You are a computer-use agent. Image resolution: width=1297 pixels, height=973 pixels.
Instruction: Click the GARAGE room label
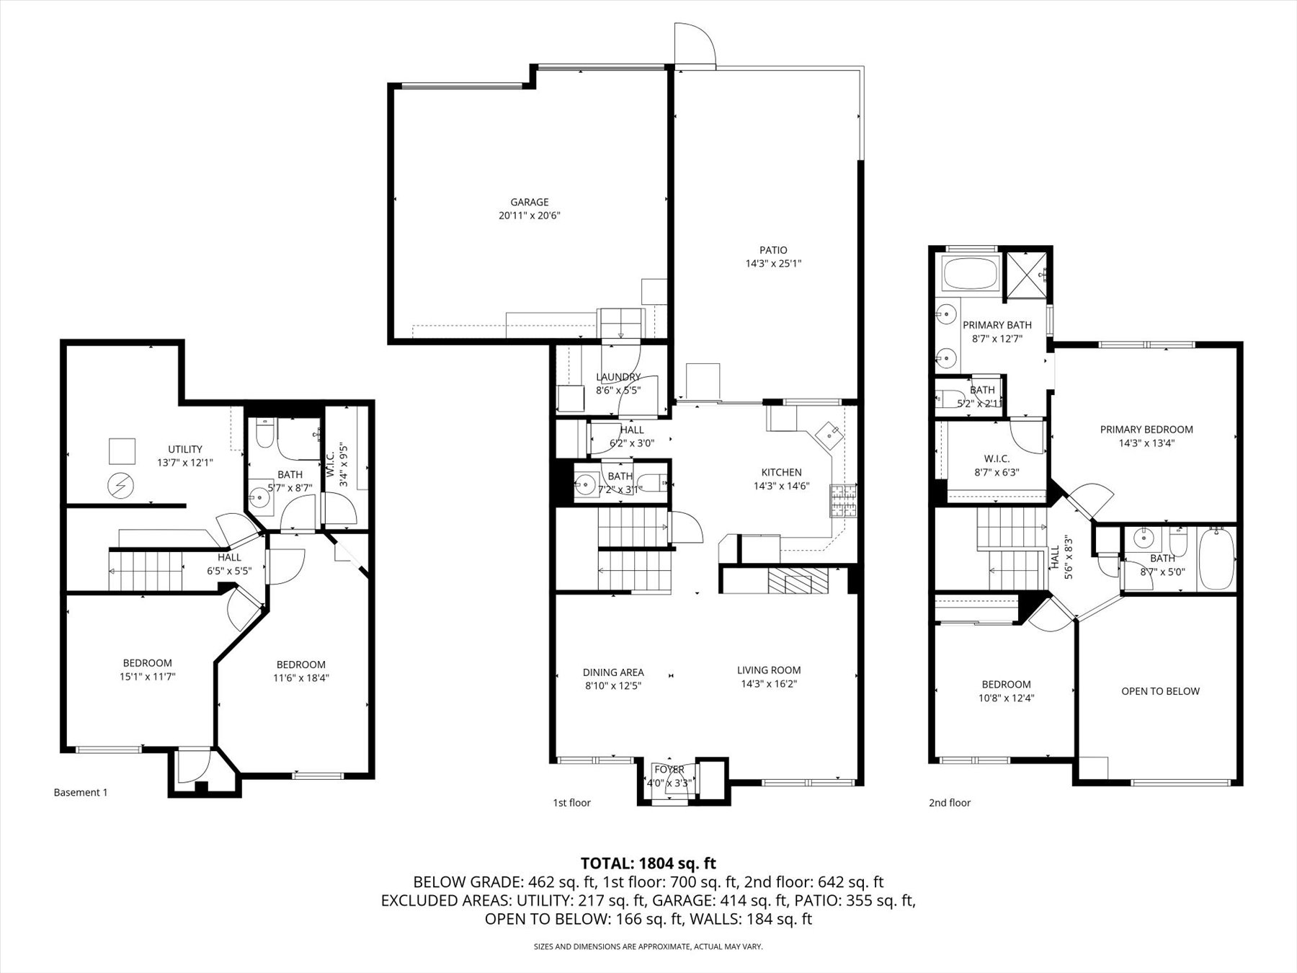click(530, 203)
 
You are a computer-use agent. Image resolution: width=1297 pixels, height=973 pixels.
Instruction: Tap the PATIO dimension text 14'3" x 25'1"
click(773, 264)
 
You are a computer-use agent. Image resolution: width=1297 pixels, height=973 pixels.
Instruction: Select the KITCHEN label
click(781, 472)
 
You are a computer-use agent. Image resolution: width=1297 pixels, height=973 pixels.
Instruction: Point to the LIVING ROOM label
click(769, 670)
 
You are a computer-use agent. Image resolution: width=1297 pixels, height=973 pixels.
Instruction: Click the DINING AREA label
click(613, 672)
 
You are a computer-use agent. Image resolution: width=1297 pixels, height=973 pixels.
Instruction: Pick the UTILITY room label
click(185, 449)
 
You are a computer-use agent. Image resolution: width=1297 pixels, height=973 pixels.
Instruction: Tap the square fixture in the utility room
click(122, 451)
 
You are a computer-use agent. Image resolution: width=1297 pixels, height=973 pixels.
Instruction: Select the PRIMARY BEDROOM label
click(1146, 430)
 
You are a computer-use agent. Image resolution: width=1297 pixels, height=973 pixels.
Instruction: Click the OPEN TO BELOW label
click(1160, 691)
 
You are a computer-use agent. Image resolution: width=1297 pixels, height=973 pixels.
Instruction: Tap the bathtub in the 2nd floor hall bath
click(1216, 559)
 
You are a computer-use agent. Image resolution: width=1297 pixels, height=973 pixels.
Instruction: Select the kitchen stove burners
click(842, 502)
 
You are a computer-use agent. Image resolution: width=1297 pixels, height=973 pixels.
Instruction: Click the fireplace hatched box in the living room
click(798, 580)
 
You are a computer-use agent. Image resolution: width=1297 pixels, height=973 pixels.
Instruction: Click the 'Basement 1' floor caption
click(81, 793)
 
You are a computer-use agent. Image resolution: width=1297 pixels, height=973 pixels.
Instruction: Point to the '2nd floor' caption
click(950, 803)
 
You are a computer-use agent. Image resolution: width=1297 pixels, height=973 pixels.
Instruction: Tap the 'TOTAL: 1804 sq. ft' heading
click(648, 863)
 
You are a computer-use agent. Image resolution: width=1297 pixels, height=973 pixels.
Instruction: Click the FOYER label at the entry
click(669, 770)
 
